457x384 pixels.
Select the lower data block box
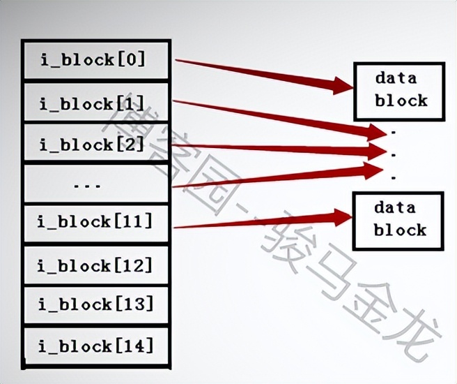(x=398, y=219)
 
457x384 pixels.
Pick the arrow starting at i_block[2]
(x=279, y=148)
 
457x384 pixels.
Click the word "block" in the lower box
(x=400, y=230)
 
